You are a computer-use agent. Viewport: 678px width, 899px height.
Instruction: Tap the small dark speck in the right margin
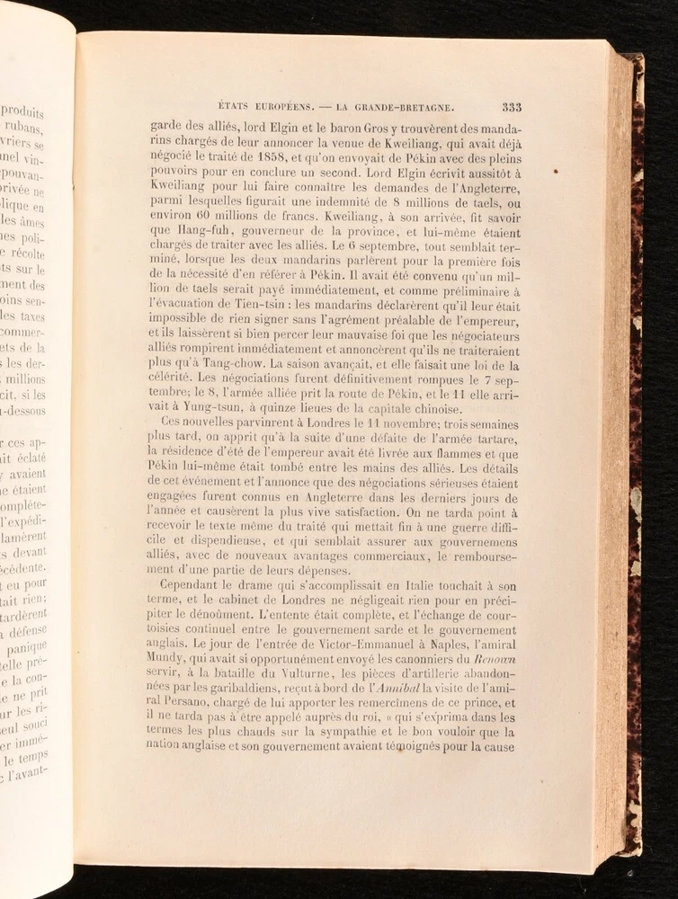coord(557,171)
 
